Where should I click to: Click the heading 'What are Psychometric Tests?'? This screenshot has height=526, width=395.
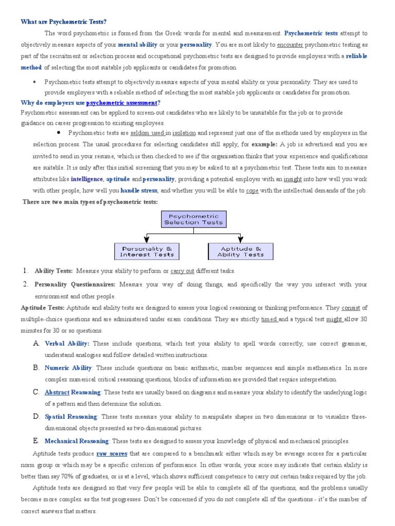click(63, 22)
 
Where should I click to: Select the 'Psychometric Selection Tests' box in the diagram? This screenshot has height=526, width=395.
click(193, 219)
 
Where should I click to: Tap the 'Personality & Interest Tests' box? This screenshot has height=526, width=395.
click(147, 251)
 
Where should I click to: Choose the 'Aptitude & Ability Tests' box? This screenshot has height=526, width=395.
click(240, 251)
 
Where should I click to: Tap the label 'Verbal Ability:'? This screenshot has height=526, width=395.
click(67, 344)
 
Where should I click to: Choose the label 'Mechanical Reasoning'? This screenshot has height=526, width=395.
click(77, 441)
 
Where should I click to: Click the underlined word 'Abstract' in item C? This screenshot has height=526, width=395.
click(57, 392)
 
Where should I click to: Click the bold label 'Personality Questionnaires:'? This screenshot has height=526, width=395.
click(76, 285)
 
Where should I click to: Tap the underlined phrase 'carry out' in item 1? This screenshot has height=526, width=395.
click(183, 271)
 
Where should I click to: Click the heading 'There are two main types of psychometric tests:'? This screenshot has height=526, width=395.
click(90, 202)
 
